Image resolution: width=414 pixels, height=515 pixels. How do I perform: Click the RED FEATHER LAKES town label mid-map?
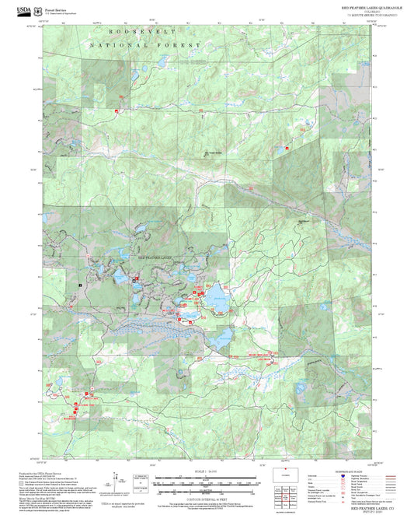click(156, 257)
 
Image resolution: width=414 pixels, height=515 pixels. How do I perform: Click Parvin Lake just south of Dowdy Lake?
click(220, 338)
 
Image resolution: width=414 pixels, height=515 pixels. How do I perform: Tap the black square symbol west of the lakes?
click(80, 285)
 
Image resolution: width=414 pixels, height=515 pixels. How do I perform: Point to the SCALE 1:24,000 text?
click(207, 471)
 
